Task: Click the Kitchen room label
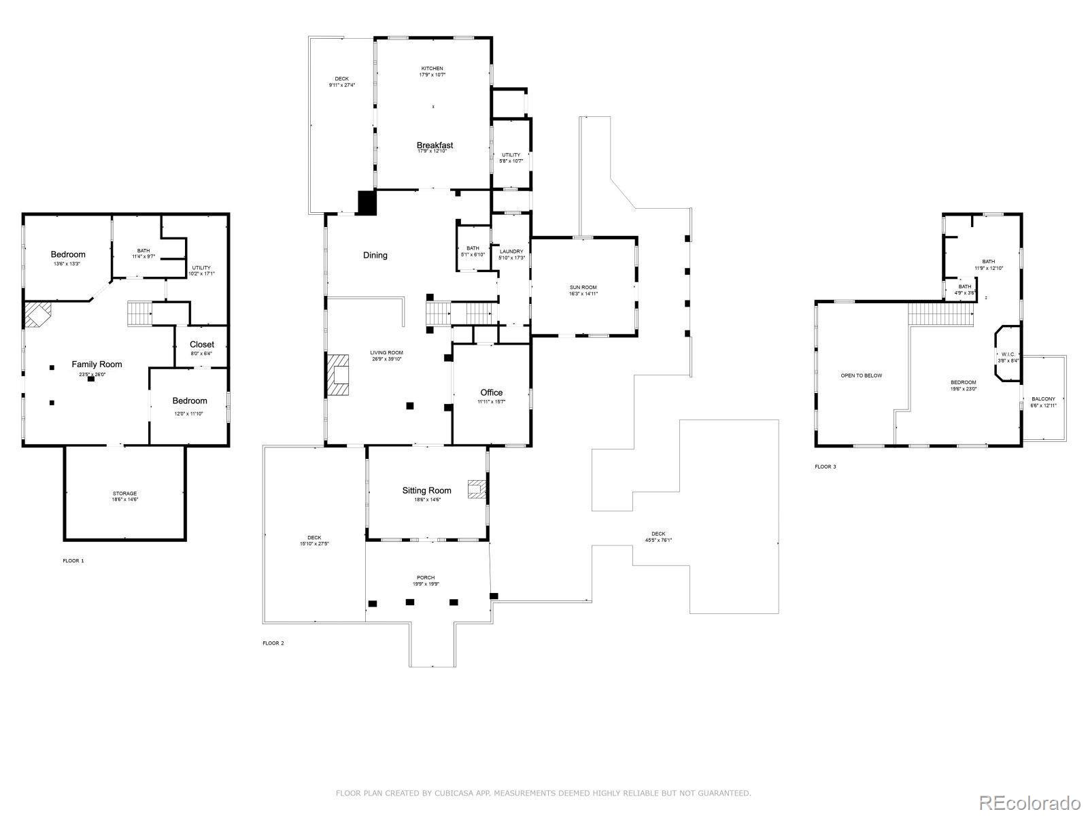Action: (432, 69)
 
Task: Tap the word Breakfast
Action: (435, 145)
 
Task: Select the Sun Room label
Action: (583, 288)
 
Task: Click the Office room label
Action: (491, 392)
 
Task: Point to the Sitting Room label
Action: (426, 490)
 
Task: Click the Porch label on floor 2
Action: (426, 577)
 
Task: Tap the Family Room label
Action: (97, 364)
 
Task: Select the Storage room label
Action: (124, 493)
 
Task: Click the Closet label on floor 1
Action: (201, 345)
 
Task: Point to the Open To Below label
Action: (861, 375)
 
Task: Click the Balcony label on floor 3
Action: (1043, 399)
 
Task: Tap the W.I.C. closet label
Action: (1008, 354)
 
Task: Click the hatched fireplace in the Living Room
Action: (338, 375)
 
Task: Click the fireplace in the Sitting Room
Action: (477, 490)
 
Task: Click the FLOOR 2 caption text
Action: (273, 643)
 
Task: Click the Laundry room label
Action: (511, 252)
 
